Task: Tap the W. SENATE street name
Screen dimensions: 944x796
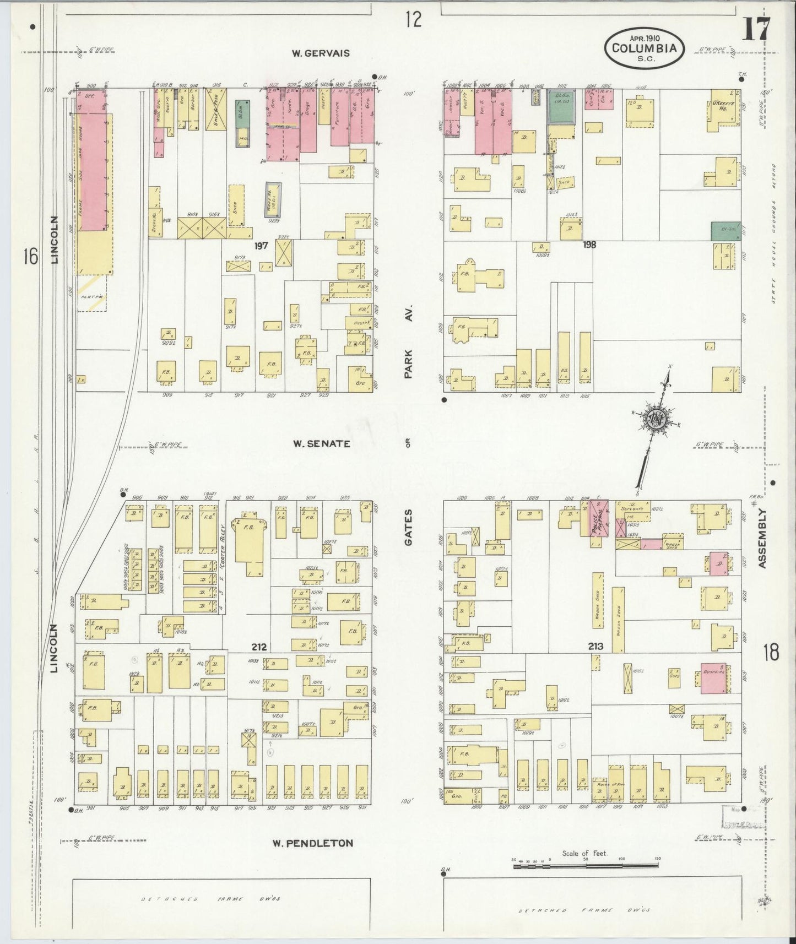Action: pyautogui.click(x=321, y=443)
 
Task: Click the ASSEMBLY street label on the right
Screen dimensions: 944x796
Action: pyautogui.click(x=762, y=538)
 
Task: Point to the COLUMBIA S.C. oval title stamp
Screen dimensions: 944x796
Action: pyautogui.click(x=645, y=48)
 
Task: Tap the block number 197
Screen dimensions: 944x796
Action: pyautogui.click(x=261, y=246)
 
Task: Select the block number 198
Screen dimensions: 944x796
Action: pyautogui.click(x=589, y=245)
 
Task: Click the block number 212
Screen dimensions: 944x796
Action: pyautogui.click(x=259, y=647)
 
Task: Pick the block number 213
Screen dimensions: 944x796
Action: pyautogui.click(x=595, y=646)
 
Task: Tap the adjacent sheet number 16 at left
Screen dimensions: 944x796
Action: pyautogui.click(x=31, y=256)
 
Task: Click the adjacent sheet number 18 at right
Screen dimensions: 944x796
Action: pyautogui.click(x=771, y=653)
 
